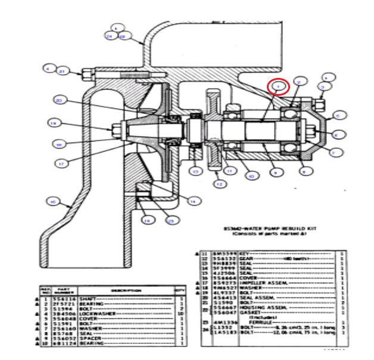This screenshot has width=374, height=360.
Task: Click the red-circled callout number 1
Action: coord(278,87)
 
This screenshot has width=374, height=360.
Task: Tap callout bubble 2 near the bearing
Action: coord(300,81)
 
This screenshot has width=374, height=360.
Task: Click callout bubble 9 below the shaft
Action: coord(275,173)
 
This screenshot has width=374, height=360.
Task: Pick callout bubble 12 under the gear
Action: coord(219,184)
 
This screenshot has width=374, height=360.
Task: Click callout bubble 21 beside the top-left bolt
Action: coord(62,71)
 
